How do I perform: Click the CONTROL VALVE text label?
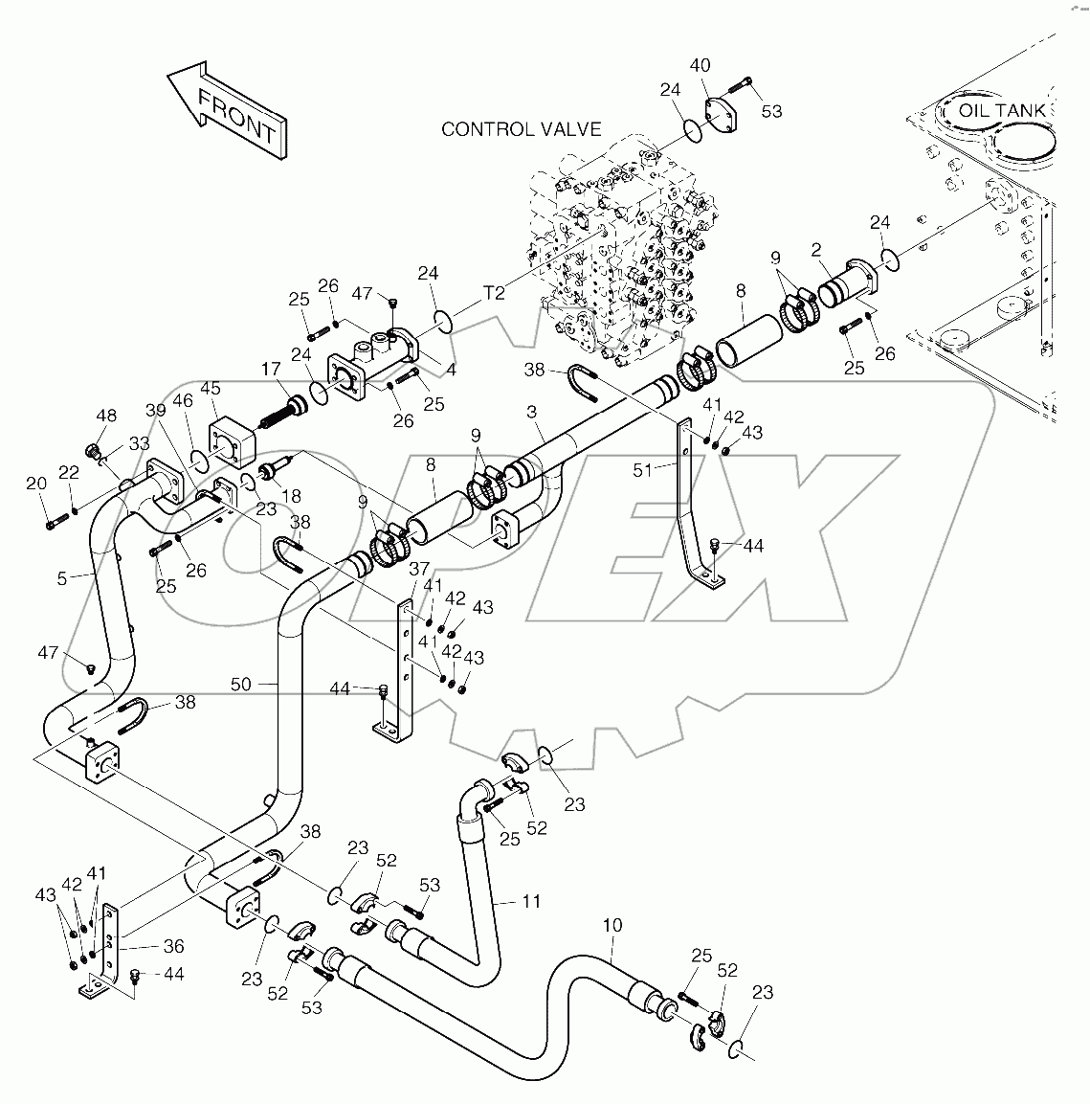(x=521, y=129)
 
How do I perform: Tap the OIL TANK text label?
(x=1002, y=111)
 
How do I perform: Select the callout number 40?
(x=700, y=65)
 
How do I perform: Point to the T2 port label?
(x=493, y=293)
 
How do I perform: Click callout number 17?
(x=272, y=369)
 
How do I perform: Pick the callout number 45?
(x=210, y=388)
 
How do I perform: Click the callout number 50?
(x=241, y=684)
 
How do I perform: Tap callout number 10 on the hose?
(x=612, y=925)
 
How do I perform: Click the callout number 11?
(x=531, y=901)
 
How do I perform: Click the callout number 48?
(x=106, y=416)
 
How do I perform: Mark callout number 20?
(x=36, y=484)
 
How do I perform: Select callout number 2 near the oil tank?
(x=816, y=250)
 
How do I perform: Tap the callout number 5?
(x=62, y=578)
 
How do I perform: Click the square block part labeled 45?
(x=229, y=441)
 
